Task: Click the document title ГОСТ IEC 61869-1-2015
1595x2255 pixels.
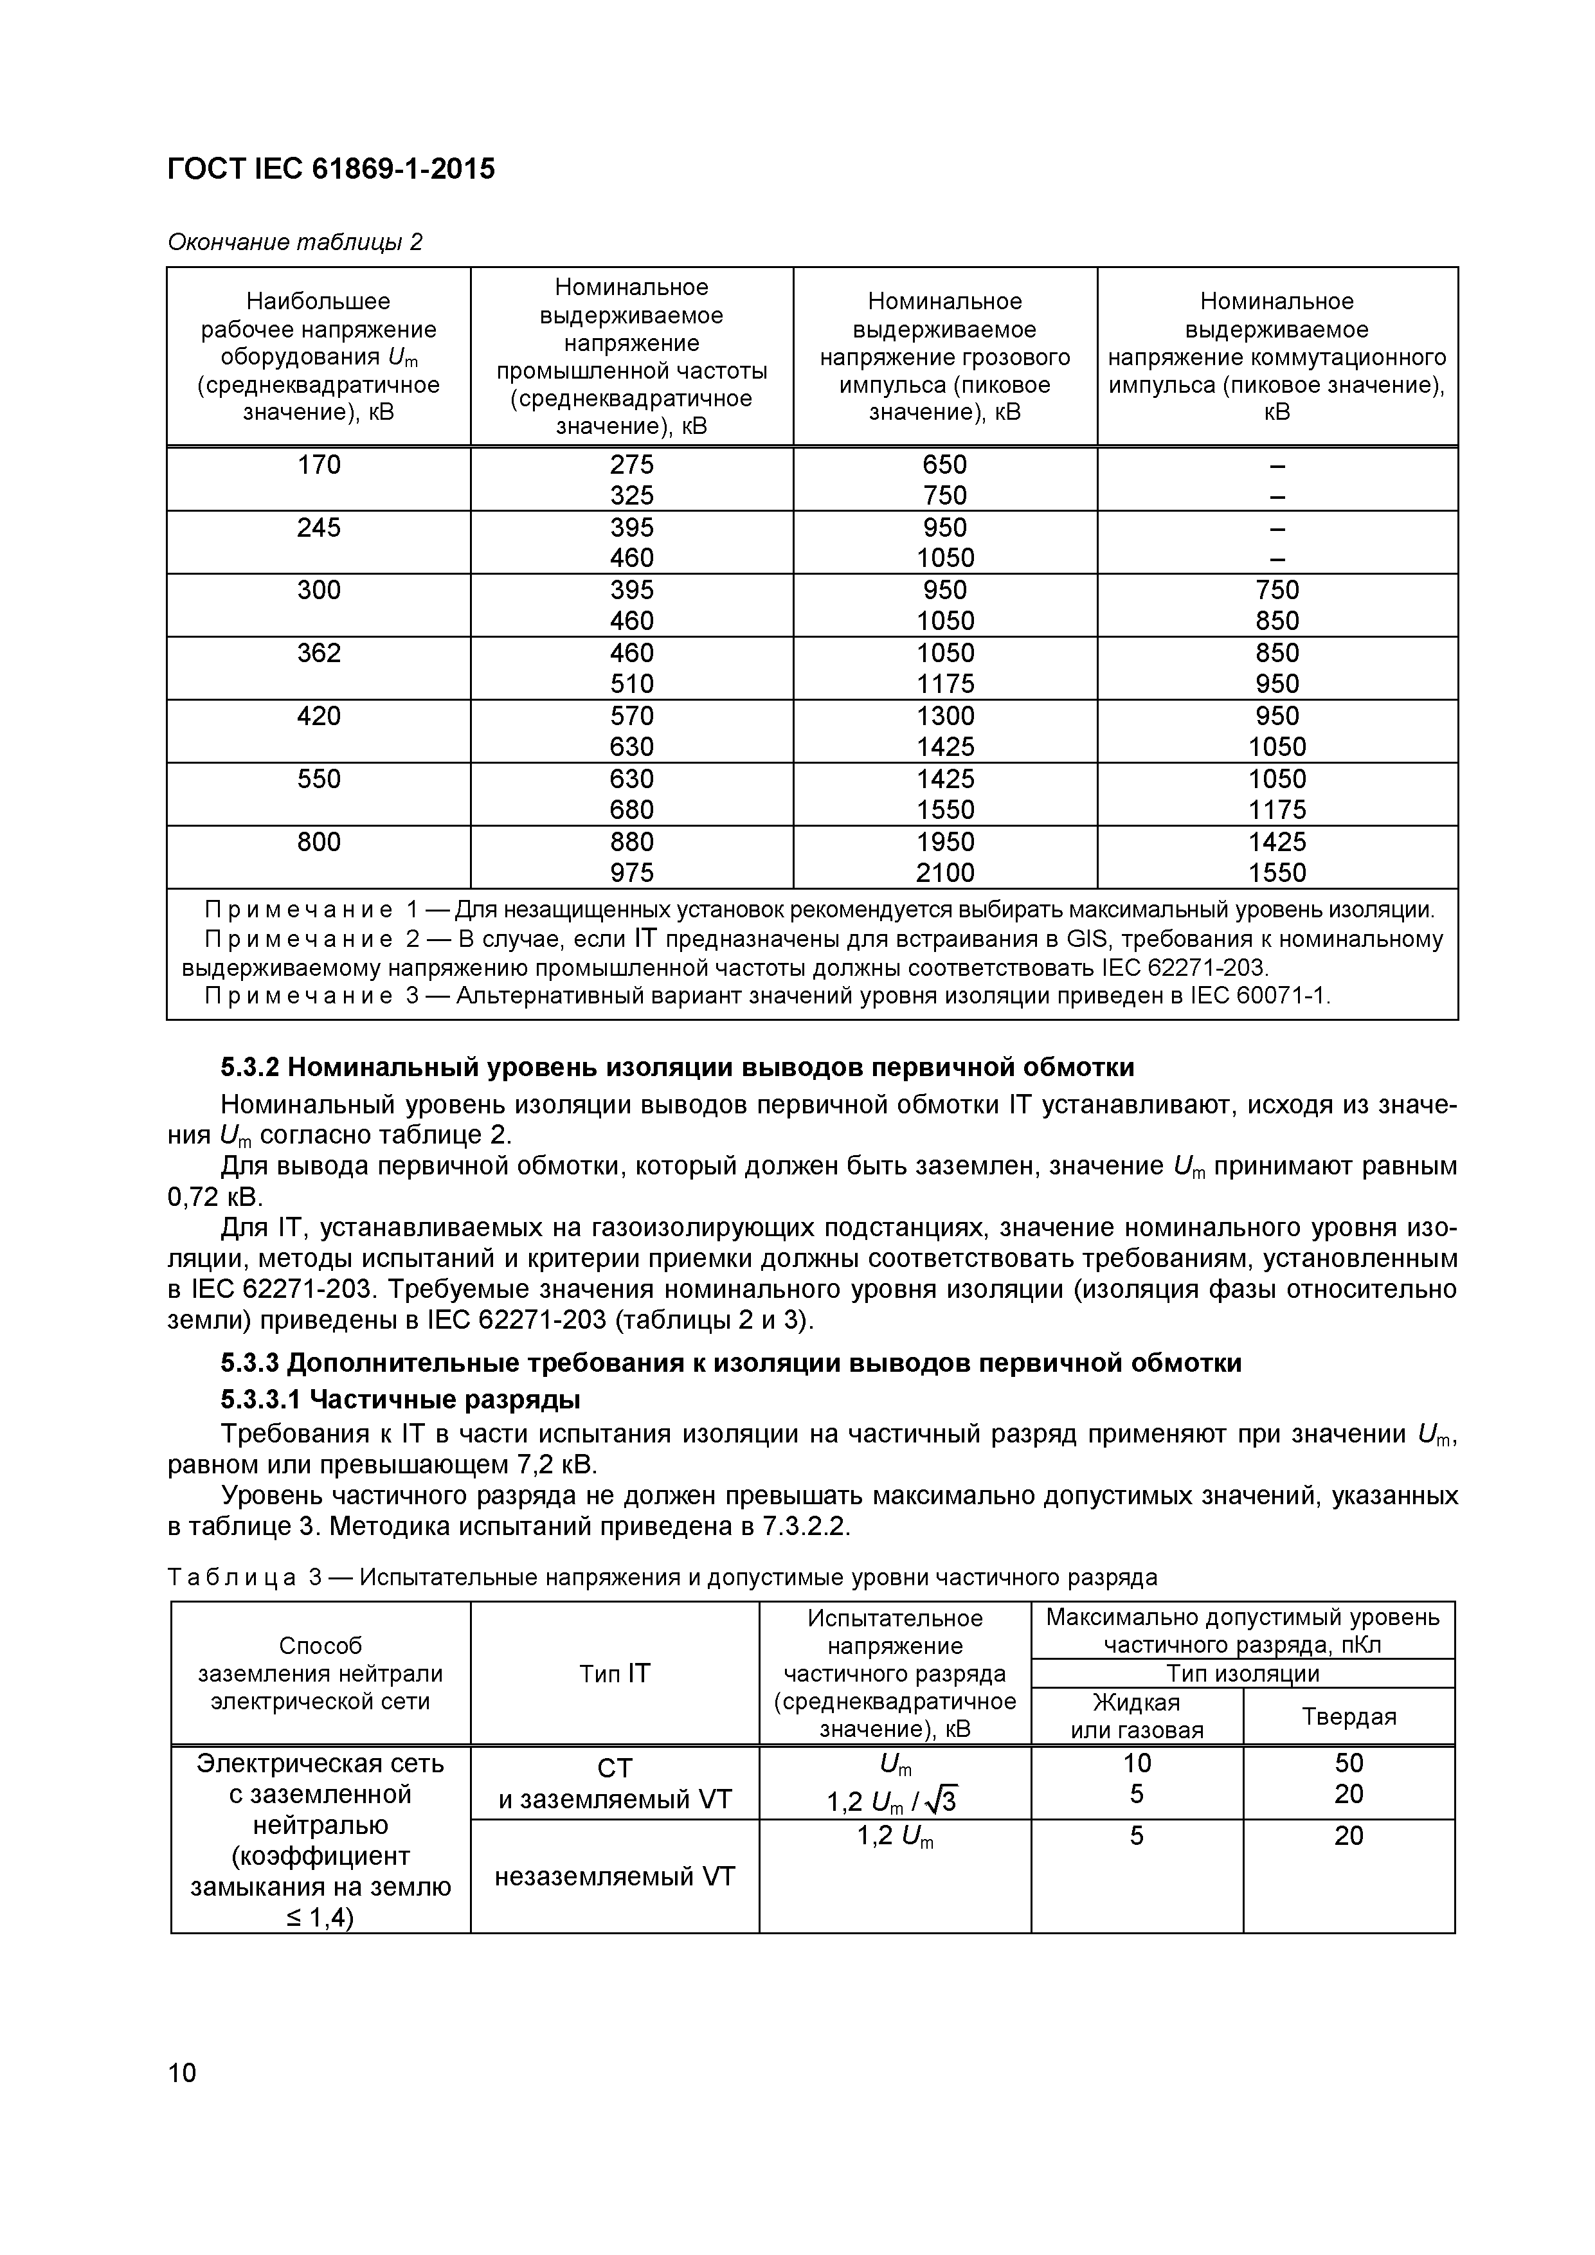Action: click(x=331, y=170)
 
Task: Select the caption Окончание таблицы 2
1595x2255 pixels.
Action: click(x=294, y=242)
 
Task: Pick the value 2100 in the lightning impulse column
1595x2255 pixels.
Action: click(x=945, y=872)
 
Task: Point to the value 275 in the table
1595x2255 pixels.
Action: click(x=631, y=465)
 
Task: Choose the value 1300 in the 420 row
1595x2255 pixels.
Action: click(x=945, y=716)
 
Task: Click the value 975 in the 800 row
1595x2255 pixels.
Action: click(x=631, y=872)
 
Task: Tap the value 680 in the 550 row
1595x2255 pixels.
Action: click(x=631, y=809)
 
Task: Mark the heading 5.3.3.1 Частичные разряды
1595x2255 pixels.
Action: click(x=400, y=1399)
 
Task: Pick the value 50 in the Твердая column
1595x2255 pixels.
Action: click(x=1349, y=1763)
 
